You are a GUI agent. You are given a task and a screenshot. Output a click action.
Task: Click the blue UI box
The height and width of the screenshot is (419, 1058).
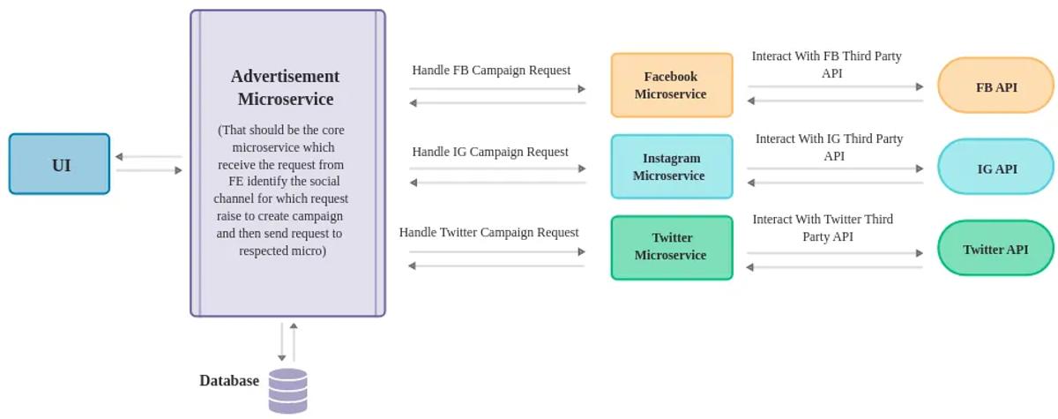pyautogui.click(x=60, y=164)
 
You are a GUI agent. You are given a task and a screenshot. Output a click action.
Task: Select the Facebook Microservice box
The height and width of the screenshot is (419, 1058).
pyautogui.click(x=671, y=86)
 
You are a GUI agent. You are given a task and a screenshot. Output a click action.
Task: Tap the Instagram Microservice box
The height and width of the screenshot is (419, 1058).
pyautogui.click(x=671, y=167)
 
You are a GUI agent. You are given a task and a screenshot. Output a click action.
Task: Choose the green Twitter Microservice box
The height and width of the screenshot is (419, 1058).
pyautogui.click(x=671, y=247)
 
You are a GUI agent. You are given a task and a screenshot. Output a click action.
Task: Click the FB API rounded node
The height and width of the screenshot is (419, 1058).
pyautogui.click(x=995, y=86)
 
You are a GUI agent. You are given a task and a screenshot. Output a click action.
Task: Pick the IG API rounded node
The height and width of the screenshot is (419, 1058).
pyautogui.click(x=995, y=168)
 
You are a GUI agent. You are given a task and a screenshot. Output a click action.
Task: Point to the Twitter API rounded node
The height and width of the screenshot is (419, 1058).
pyautogui.click(x=995, y=249)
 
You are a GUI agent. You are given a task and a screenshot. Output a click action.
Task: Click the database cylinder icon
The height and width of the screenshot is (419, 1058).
pyautogui.click(x=288, y=391)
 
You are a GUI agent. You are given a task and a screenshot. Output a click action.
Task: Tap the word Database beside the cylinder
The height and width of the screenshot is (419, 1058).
pyautogui.click(x=229, y=381)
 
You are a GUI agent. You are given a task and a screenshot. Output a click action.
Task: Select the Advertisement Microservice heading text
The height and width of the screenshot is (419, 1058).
pyautogui.click(x=286, y=87)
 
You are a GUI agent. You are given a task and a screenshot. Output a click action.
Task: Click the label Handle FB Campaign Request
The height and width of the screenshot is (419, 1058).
pyautogui.click(x=491, y=71)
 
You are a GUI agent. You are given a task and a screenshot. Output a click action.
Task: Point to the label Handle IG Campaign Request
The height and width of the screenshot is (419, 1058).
pyautogui.click(x=490, y=152)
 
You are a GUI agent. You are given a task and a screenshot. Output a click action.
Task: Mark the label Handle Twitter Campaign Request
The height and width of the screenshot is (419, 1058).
pyautogui.click(x=489, y=232)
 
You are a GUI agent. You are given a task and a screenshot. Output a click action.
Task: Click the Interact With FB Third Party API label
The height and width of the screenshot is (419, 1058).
pyautogui.click(x=827, y=64)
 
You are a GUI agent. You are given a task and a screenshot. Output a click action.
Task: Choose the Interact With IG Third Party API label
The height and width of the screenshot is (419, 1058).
pyautogui.click(x=829, y=146)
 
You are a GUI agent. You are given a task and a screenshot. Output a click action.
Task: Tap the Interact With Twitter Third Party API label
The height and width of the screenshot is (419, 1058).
pyautogui.click(x=823, y=228)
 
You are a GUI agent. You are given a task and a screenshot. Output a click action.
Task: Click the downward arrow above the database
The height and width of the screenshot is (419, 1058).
pyautogui.click(x=282, y=342)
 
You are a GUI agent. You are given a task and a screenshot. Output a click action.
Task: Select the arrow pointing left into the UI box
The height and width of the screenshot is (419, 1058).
pyautogui.click(x=147, y=157)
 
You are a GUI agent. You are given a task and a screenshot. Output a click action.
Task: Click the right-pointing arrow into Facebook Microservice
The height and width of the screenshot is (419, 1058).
pyautogui.click(x=498, y=88)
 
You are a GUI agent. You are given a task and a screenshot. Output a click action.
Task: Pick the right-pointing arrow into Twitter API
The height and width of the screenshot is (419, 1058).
pyautogui.click(x=834, y=253)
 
